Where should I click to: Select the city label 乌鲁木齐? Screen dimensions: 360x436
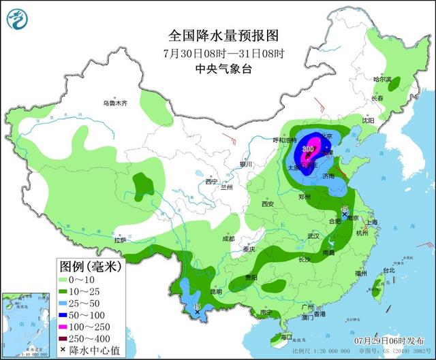point(115,103)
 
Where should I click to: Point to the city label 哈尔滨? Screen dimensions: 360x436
point(383,80)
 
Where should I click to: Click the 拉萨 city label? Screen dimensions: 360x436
point(121,240)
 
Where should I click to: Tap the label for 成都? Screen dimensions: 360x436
point(228,239)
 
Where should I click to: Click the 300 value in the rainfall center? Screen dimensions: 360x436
point(308,148)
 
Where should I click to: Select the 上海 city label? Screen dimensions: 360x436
point(371,223)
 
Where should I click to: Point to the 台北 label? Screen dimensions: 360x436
point(388,270)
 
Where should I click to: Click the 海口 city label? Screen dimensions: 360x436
point(285,336)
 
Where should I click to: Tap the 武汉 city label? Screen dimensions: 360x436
point(313,235)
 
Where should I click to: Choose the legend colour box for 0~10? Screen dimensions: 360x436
point(63,279)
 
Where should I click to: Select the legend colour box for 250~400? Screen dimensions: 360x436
point(63,331)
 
